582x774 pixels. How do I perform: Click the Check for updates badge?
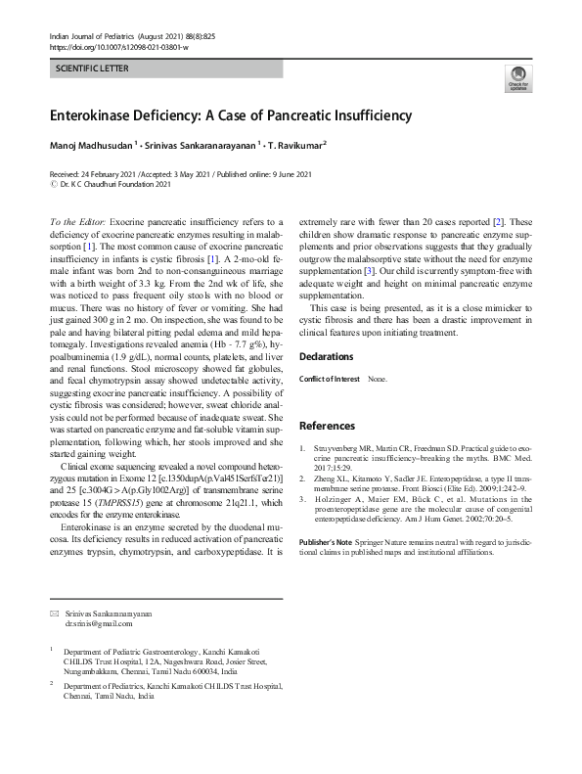click(516, 78)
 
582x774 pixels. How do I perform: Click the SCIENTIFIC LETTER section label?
click(90, 71)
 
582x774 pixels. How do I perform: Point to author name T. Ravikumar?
click(297, 146)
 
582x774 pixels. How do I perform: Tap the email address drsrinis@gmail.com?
click(98, 622)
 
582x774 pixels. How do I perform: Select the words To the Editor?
click(77, 224)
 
